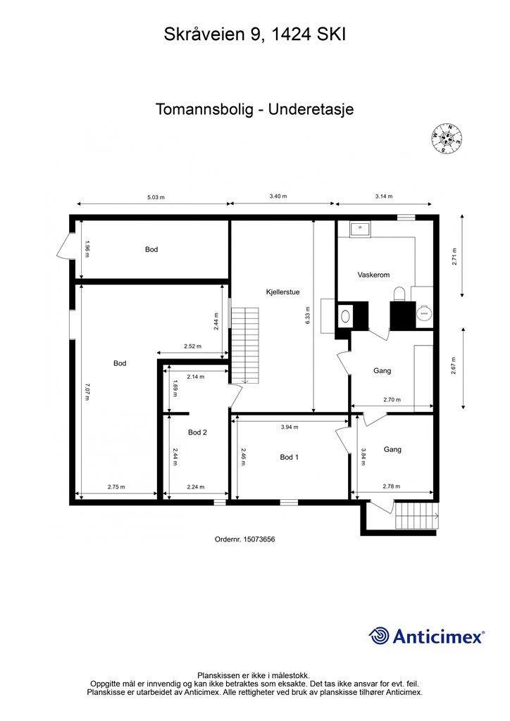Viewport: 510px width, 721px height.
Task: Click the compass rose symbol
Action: [x=445, y=139]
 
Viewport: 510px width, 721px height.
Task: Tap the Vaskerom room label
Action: [x=373, y=275]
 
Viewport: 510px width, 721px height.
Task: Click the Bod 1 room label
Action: [x=290, y=457]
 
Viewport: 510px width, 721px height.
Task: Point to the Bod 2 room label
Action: [x=197, y=432]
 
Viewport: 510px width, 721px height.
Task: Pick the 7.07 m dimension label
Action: [x=87, y=391]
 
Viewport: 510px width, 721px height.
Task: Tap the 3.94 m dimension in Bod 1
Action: [x=290, y=427]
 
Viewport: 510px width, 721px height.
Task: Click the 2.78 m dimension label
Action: [x=392, y=487]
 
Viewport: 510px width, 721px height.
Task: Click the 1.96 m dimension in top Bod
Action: [x=87, y=249]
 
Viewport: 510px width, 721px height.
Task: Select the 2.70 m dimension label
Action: [x=392, y=400]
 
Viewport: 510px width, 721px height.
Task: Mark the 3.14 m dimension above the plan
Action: [x=383, y=197]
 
